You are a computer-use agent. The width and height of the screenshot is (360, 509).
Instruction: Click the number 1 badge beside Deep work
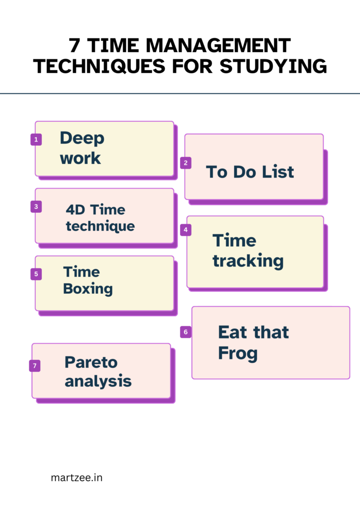(x=36, y=140)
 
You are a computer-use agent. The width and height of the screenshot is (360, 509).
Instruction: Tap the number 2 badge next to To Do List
(x=185, y=163)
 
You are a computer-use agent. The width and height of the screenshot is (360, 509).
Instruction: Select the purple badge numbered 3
(x=36, y=206)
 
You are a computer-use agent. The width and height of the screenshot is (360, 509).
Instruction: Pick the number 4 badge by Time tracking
(x=185, y=230)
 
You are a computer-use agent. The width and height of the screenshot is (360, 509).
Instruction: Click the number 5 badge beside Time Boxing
(x=36, y=274)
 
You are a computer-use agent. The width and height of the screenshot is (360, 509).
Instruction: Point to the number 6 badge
(x=185, y=332)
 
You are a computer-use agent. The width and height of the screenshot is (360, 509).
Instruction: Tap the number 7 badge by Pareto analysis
(x=35, y=366)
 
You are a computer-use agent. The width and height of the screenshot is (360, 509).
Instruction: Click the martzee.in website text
(x=77, y=478)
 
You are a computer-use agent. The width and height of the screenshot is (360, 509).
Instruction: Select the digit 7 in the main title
(x=75, y=45)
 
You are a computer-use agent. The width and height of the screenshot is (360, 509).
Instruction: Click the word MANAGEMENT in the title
(x=218, y=45)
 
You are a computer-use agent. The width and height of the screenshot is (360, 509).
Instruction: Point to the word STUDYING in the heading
(x=273, y=66)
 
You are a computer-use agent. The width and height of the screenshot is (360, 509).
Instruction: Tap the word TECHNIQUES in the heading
(x=99, y=67)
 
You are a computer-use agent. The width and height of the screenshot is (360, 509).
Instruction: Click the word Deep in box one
(x=82, y=139)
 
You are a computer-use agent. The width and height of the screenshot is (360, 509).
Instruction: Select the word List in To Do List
(x=278, y=171)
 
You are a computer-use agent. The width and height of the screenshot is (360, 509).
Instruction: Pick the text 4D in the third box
(x=76, y=210)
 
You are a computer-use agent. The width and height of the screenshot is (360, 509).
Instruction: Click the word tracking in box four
(x=248, y=261)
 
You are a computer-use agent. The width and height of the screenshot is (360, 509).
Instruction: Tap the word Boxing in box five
(x=88, y=289)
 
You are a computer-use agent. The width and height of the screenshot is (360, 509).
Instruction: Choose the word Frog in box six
(x=238, y=353)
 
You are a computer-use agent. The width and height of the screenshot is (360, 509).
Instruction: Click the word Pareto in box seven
(x=91, y=362)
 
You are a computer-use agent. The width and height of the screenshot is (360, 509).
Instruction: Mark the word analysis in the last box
(x=98, y=381)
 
